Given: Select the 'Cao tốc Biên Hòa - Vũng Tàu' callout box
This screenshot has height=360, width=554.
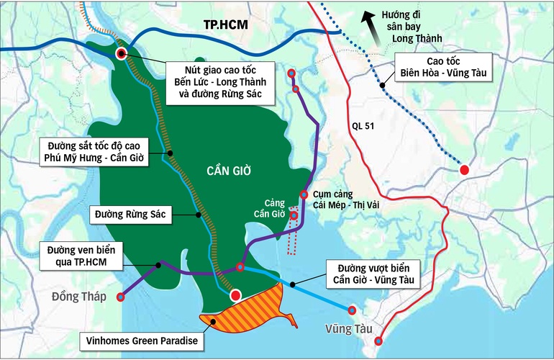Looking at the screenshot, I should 443,66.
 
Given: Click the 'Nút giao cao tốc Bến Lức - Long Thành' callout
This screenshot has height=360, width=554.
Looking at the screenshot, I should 219,81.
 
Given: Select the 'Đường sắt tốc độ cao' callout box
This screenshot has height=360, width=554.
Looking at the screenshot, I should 94,151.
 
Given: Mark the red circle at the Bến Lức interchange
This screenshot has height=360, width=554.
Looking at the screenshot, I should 122,53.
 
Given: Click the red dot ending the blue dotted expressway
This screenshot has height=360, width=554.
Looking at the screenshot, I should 465,170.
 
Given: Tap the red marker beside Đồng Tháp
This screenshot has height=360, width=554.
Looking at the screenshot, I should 120,297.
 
